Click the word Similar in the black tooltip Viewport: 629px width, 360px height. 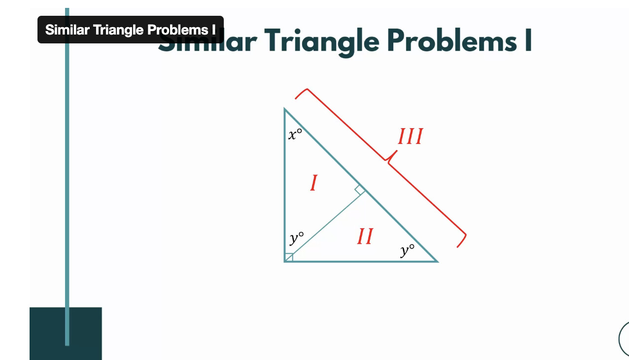[x=68, y=30]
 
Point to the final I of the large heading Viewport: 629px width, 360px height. [x=528, y=40]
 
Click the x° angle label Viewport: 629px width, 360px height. [x=295, y=134]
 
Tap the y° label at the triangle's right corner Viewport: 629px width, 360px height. [x=407, y=250]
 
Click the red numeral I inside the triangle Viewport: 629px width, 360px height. [x=314, y=183]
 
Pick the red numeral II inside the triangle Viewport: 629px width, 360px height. [x=365, y=236]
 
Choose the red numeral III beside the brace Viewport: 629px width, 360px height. [x=411, y=136]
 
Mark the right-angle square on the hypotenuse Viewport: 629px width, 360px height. [x=360, y=190]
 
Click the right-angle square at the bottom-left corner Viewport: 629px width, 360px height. [x=289, y=257]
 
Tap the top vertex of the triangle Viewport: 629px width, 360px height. [x=284, y=108]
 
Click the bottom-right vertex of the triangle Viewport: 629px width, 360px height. [x=438, y=261]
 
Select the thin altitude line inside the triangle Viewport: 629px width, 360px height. [x=325, y=226]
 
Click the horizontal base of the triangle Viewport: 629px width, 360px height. [x=361, y=261]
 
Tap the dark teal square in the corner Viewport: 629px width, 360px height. [x=66, y=333]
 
